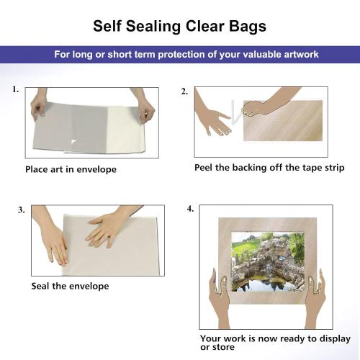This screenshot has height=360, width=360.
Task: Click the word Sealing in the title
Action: [157, 27]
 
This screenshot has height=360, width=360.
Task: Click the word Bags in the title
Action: [248, 27]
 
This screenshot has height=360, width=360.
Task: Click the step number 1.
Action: [15, 91]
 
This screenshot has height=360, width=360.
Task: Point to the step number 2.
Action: [184, 91]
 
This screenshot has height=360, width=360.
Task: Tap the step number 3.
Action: [22, 210]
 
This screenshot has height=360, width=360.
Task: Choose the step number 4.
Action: [190, 209]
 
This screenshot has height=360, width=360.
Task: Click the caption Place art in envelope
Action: [71, 170]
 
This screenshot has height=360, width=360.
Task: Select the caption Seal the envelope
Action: [70, 286]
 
